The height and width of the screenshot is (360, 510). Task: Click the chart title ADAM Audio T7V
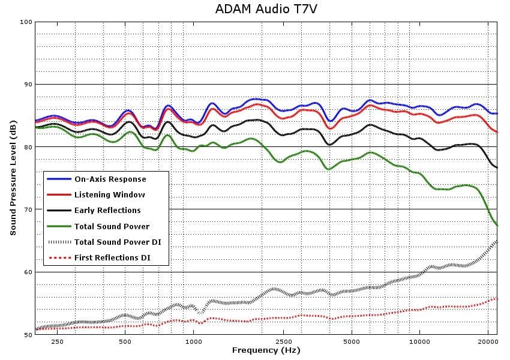[266, 9]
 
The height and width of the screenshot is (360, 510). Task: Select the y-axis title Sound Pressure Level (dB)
[13, 178]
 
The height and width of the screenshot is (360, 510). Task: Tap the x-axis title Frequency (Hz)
[266, 350]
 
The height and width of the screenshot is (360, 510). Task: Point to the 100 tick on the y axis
[26, 22]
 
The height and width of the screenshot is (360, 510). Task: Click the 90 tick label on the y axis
[28, 85]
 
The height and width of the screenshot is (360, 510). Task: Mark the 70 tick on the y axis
[28, 209]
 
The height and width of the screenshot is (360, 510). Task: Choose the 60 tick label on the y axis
[28, 272]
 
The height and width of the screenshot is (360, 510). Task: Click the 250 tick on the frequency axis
[57, 341]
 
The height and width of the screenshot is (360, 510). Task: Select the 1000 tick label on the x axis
[194, 341]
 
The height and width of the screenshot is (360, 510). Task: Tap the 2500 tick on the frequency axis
[283, 341]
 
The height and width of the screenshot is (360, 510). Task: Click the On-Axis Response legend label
[110, 179]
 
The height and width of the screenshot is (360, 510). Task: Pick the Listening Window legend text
[110, 195]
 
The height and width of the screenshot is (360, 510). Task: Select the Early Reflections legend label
[107, 211]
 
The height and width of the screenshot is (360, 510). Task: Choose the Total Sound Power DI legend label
[118, 242]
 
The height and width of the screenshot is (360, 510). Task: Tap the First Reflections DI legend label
[112, 258]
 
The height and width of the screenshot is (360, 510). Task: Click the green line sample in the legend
[59, 226]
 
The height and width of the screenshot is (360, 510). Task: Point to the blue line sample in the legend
[59, 179]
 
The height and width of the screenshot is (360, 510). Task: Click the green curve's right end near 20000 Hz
[497, 225]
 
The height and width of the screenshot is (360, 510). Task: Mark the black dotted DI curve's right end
[497, 242]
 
